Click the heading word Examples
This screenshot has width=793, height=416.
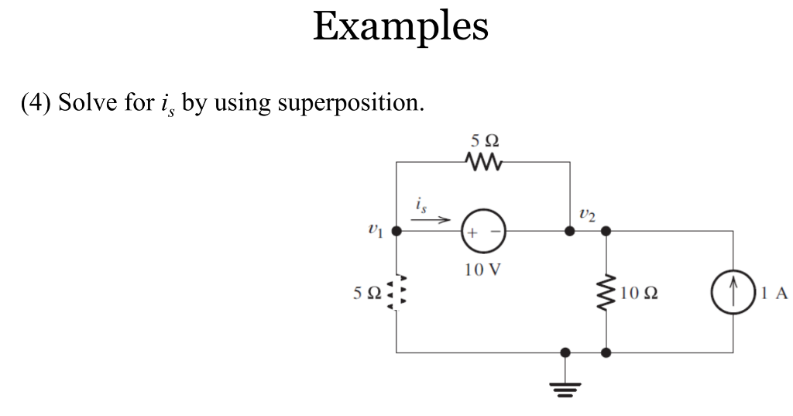[400, 27]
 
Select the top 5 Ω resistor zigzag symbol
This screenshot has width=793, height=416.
[484, 163]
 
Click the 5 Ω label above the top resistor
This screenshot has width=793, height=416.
[484, 143]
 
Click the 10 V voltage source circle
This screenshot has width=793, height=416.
[484, 231]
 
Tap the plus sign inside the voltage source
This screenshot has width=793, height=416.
[472, 231]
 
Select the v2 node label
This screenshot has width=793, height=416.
[586, 215]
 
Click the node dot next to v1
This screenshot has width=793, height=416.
[396, 231]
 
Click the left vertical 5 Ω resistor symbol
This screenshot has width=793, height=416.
[396, 293]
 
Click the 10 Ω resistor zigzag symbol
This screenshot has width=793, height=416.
[606, 292]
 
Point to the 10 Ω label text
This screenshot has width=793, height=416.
[640, 293]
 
